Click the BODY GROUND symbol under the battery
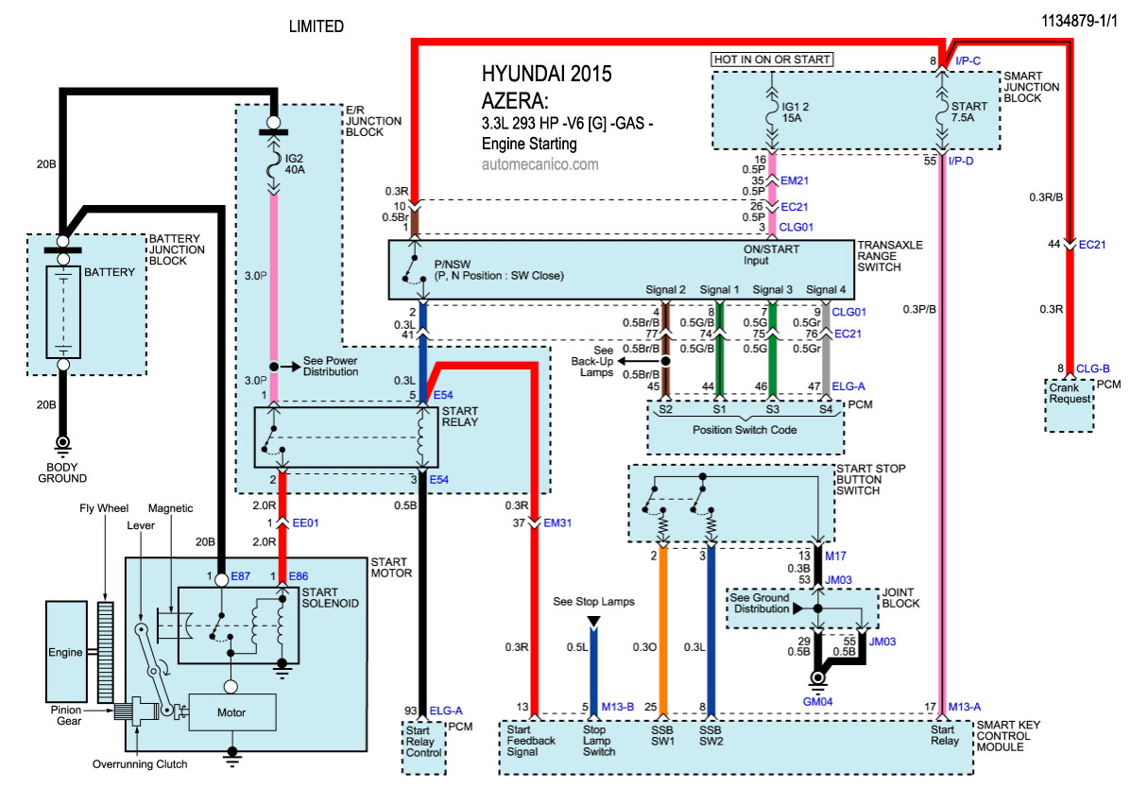point(63,442)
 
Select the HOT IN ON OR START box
point(772,60)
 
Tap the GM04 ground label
point(817,702)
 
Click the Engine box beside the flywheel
point(68,652)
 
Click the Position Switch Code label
point(745,431)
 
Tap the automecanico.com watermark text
point(539,163)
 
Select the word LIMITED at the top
point(316,26)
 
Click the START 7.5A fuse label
point(974,111)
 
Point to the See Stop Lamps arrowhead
point(593,621)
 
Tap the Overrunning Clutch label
point(140,763)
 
